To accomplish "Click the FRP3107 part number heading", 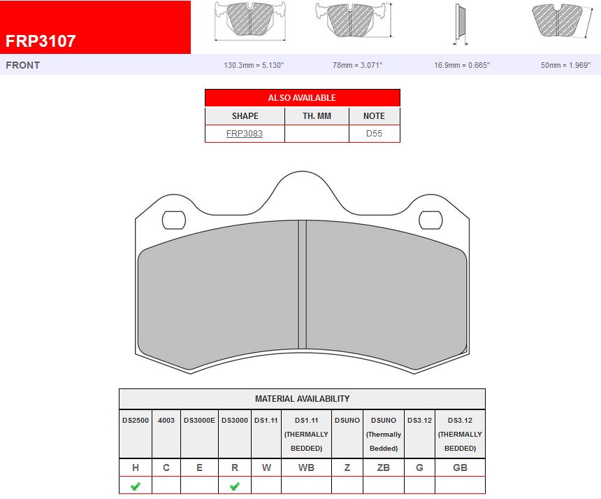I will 41,41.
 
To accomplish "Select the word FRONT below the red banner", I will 23,65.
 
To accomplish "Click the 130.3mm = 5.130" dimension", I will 253,65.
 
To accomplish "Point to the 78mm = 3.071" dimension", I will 357,65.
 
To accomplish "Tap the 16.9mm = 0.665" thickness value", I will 462,65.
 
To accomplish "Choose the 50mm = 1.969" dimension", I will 565,65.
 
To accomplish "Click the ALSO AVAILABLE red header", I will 302,98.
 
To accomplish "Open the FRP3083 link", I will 245,133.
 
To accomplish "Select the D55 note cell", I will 374,133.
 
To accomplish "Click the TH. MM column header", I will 317,115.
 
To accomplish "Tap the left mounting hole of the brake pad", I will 174,220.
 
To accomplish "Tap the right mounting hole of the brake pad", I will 430,220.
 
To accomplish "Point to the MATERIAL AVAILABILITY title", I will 302,399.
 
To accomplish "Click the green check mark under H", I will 135,486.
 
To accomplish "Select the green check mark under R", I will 235,486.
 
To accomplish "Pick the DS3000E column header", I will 199,421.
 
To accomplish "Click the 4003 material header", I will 166,421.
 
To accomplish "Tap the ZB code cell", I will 383,468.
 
